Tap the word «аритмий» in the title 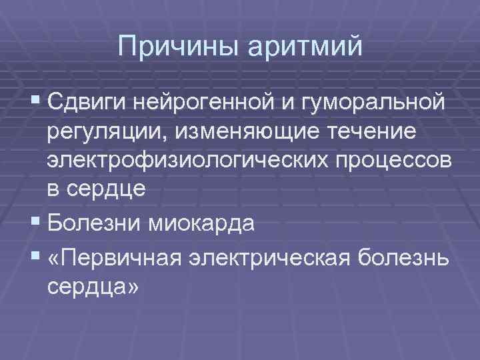pyautogui.click(x=306, y=47)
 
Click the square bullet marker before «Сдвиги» pyautogui.click(x=35, y=103)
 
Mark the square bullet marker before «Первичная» pyautogui.click(x=35, y=255)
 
